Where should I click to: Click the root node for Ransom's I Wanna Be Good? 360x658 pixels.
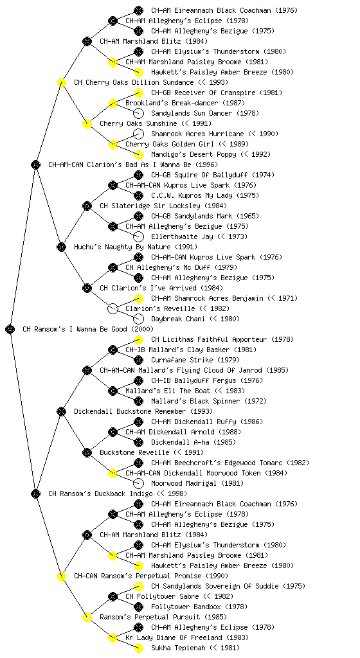pyautogui.click(x=10, y=329)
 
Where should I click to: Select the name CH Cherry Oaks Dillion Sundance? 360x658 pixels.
pyautogui.click(x=134, y=82)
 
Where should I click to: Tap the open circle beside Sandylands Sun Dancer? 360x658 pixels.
pyautogui.click(x=138, y=113)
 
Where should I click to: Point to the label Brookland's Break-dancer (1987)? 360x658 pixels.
pyautogui.click(x=185, y=103)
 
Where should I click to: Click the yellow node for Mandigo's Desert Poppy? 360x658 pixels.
pyautogui.click(x=138, y=154)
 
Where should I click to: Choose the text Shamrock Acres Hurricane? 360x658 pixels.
pyautogui.click(x=197, y=134)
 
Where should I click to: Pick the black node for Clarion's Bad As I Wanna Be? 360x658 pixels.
pyautogui.click(x=35, y=164)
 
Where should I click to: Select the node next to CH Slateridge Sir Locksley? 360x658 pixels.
pyautogui.click(x=87, y=206)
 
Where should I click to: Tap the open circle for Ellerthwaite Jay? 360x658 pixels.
pyautogui.click(x=138, y=236)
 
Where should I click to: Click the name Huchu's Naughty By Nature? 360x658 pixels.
pyautogui.click(x=122, y=247)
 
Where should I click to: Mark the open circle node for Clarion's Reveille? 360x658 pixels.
pyautogui.click(x=113, y=308)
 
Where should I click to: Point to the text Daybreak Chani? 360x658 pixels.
pyautogui.click(x=178, y=319)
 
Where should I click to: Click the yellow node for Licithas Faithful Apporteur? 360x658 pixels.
pyautogui.click(x=138, y=339)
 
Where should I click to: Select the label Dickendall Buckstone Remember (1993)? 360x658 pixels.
pyautogui.click(x=143, y=411)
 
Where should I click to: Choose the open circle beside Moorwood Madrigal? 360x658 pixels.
pyautogui.click(x=138, y=483)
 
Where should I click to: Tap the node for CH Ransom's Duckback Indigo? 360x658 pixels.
pyautogui.click(x=35, y=493)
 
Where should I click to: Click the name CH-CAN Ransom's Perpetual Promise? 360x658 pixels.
pyautogui.click(x=138, y=576)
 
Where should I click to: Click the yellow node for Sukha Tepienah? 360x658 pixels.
pyautogui.click(x=138, y=648)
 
